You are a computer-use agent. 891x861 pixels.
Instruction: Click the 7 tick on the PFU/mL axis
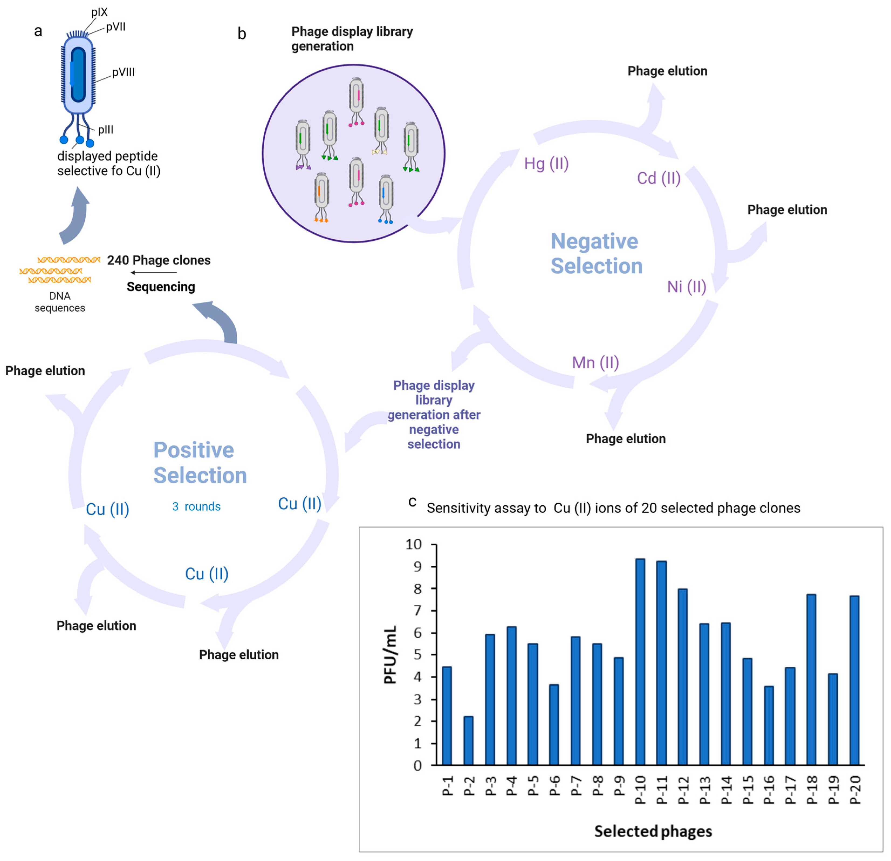coord(417,610)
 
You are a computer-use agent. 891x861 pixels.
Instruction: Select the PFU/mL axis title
coord(390,655)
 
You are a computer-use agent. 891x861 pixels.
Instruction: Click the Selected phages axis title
coord(653,831)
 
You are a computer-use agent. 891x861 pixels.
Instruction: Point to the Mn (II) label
coord(595,362)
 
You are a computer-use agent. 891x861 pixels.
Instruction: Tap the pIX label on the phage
coord(99,12)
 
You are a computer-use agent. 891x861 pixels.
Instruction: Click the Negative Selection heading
coord(596,253)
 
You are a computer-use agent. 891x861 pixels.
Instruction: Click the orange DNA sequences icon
coord(59,270)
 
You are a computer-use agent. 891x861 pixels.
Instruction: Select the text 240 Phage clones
coord(159,260)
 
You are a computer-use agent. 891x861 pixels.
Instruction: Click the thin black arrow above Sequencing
coord(154,273)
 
